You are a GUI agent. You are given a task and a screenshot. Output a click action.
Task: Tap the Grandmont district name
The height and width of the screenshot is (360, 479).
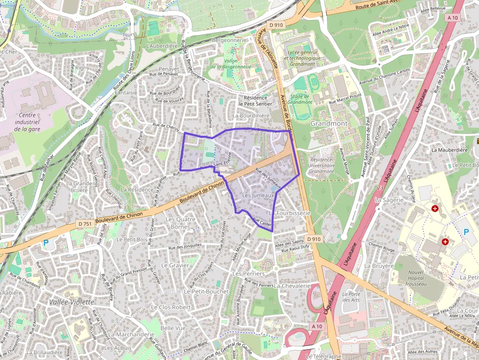329,124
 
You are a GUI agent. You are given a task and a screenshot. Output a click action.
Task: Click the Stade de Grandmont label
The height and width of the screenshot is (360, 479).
300,99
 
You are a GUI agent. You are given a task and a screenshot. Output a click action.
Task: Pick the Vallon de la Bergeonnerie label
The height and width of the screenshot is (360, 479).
231,64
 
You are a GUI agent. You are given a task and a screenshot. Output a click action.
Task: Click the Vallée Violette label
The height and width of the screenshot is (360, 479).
71,302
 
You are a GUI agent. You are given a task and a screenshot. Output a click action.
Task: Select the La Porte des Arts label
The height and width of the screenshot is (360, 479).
350,296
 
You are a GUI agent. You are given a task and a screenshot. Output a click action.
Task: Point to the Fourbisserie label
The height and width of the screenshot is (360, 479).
293,213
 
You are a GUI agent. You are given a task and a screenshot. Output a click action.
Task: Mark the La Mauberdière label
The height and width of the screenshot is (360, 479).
447,149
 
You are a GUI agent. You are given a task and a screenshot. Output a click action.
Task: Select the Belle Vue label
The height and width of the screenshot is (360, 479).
173,328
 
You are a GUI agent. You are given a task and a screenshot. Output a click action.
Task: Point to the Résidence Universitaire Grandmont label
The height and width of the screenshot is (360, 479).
321,166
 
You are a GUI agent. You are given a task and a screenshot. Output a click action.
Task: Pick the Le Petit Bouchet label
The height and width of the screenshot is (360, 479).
206,291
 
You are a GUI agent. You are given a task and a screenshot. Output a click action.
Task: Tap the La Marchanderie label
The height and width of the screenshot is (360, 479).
131,335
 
